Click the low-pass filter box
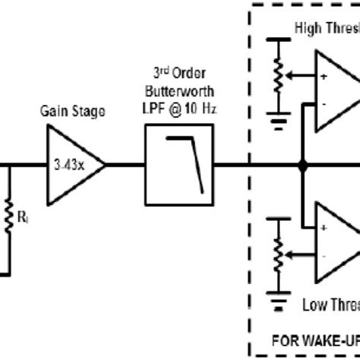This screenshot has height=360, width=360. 181,162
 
